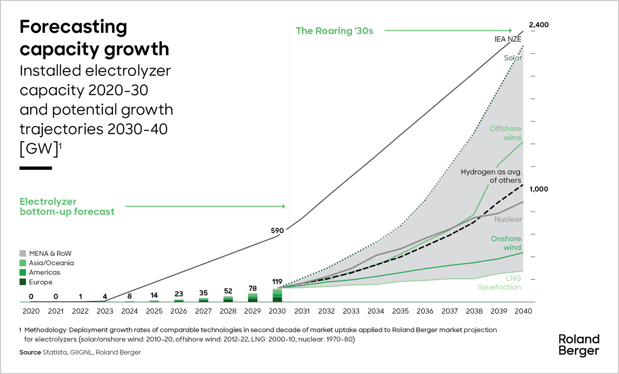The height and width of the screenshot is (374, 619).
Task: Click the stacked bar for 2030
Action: click(277, 295)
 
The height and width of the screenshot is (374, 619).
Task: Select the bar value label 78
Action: click(253, 289)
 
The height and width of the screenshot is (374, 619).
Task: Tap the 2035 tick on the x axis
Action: click(400, 311)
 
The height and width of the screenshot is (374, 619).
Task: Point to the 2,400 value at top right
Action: click(539, 25)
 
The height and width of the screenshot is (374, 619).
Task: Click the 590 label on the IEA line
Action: click(277, 231)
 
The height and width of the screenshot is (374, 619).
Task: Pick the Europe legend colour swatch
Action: click(23, 282)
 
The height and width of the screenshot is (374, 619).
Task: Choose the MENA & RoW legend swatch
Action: click(23, 253)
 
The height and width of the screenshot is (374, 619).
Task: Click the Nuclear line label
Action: click(508, 219)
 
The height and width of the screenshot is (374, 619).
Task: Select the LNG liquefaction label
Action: click(499, 283)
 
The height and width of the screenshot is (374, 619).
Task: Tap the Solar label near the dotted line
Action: click(513, 58)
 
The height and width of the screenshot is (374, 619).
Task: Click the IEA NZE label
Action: click(508, 39)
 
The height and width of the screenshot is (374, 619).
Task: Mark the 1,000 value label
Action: click(539, 189)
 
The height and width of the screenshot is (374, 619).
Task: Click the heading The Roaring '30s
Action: click(335, 31)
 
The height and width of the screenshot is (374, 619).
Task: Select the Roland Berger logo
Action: click(579, 345)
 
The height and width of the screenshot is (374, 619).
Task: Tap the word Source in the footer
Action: click(30, 352)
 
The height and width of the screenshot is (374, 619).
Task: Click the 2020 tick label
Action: click(31, 311)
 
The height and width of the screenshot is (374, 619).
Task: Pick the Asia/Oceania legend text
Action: click(51, 263)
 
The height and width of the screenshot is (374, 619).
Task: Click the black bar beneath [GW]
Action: click(36, 168)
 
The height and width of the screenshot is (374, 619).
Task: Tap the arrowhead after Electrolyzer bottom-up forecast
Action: click(284, 207)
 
